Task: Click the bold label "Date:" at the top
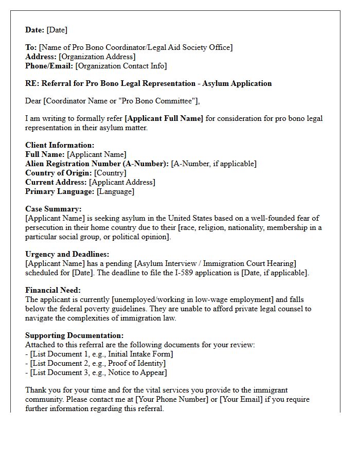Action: click(x=35, y=30)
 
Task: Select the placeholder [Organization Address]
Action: click(x=97, y=57)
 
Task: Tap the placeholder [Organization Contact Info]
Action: click(x=121, y=66)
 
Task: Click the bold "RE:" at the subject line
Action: click(x=32, y=83)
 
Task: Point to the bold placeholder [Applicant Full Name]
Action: click(x=164, y=118)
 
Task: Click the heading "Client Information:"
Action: click(x=60, y=145)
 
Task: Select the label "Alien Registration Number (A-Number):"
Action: click(x=97, y=164)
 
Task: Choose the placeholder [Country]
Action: click(x=110, y=173)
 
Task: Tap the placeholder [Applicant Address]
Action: click(x=122, y=182)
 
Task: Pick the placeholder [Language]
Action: click(x=115, y=191)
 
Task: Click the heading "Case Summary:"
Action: click(x=53, y=209)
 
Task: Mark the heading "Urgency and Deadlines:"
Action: click(x=67, y=254)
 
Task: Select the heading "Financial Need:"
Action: click(x=53, y=290)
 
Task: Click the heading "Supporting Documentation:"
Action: click(x=75, y=335)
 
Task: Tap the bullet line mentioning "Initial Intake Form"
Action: click(x=101, y=354)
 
